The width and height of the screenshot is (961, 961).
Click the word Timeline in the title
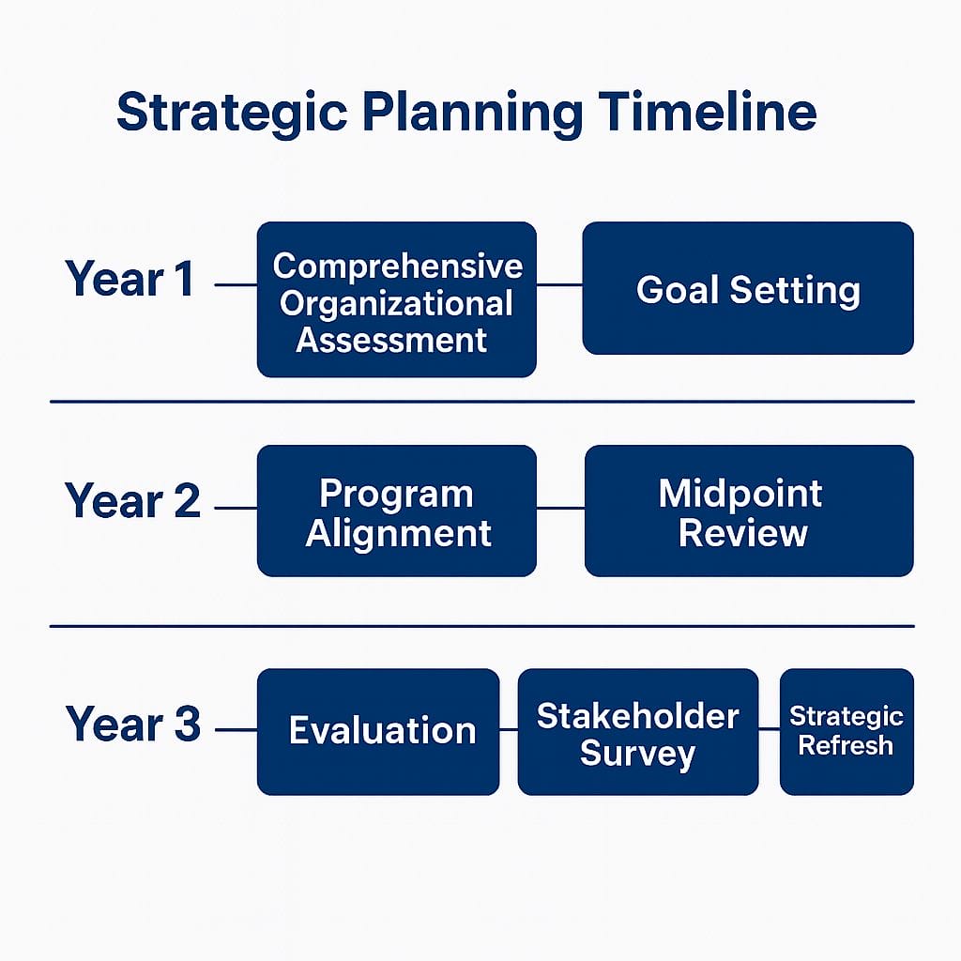point(708,112)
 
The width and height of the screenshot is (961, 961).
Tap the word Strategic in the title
point(233,114)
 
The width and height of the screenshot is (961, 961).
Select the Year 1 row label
point(130,279)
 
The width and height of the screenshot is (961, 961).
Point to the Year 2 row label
point(132,501)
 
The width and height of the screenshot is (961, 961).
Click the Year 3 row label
point(133,724)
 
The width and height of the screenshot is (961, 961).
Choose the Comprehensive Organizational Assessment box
point(397,299)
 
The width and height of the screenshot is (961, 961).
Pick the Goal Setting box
point(748,288)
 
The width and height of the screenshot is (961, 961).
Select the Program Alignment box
point(397,511)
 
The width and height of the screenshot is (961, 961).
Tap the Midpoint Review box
point(749,511)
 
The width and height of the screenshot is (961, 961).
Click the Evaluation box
point(378,732)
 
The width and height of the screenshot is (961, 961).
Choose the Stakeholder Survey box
point(638,732)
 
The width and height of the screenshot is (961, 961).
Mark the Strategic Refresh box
point(847,732)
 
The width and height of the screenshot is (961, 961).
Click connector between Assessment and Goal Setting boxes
point(559,285)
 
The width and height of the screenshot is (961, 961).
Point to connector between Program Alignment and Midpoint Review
point(561,508)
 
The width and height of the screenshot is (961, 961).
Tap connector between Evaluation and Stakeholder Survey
point(509,729)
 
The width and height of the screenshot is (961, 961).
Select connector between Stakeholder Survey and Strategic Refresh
point(770,728)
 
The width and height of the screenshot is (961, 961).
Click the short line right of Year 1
point(236,285)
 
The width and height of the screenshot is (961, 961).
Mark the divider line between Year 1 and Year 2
point(482,402)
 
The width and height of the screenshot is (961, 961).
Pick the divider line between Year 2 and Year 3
point(482,626)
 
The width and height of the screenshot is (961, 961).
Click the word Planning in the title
point(473,114)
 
